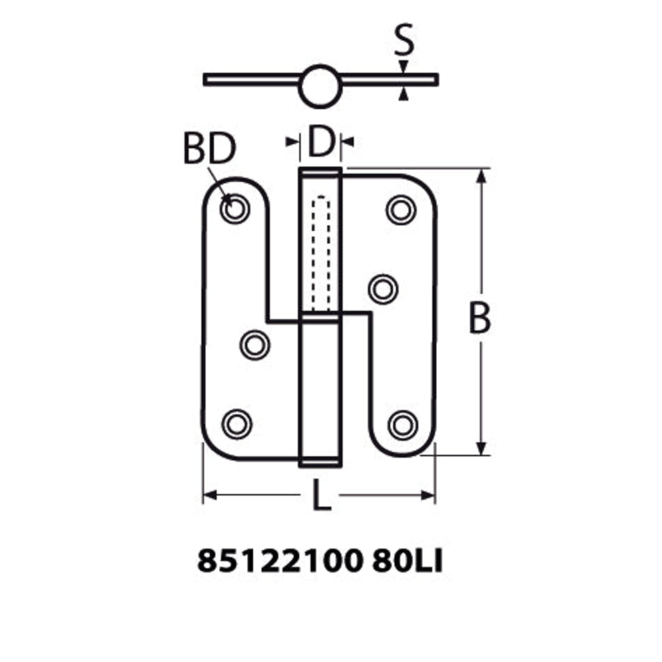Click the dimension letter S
click(x=403, y=40)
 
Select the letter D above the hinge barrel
click(x=321, y=141)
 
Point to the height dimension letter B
click(x=480, y=317)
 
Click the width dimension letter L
click(x=321, y=495)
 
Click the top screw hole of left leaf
click(x=234, y=208)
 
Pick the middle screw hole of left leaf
click(x=255, y=345)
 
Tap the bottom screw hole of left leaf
click(x=237, y=424)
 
